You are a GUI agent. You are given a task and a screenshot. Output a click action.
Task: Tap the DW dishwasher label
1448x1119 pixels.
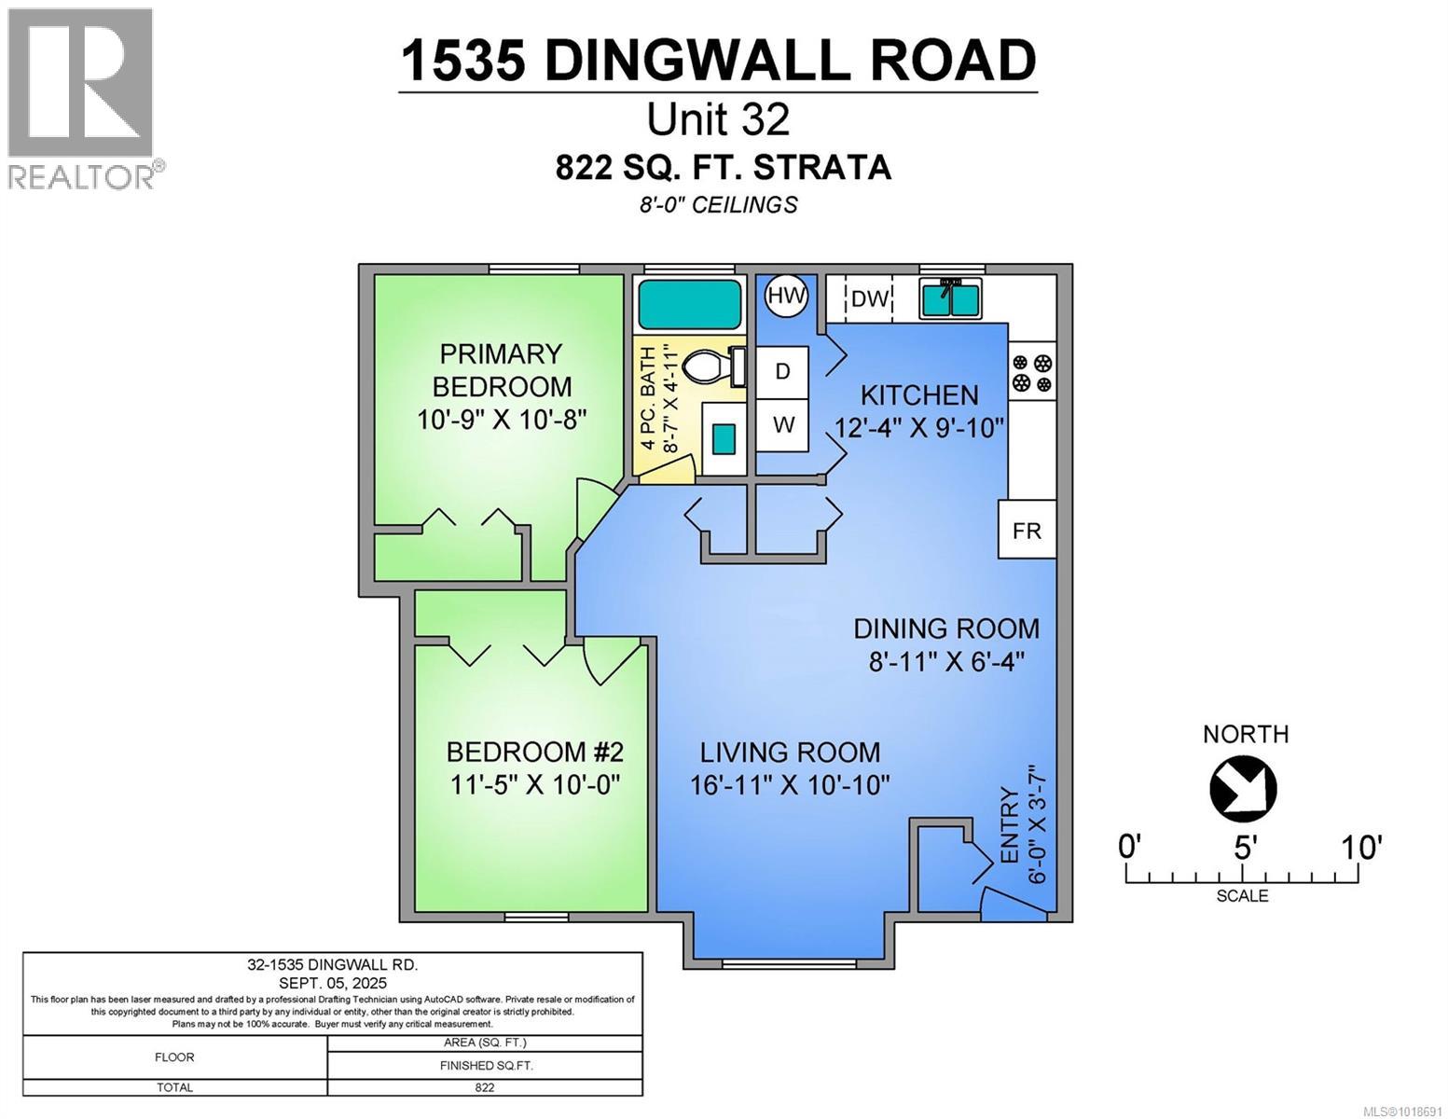(869, 298)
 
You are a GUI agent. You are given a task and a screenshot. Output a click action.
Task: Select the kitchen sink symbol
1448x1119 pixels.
(950, 298)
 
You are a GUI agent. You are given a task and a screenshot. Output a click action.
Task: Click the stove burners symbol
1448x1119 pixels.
(1032, 372)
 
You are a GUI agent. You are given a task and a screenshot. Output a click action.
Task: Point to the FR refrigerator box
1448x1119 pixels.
(1027, 531)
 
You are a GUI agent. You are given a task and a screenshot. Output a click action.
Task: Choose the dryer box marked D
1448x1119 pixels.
(782, 371)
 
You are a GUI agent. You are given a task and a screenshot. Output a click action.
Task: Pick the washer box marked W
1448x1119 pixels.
(782, 425)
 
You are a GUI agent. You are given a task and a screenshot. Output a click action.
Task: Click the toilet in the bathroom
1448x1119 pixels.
(708, 366)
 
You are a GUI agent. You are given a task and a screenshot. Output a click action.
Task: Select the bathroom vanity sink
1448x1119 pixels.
(723, 437)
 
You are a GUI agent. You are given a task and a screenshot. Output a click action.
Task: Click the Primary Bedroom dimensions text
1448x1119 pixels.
(502, 419)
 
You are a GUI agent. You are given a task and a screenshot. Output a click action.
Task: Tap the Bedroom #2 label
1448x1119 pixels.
(534, 752)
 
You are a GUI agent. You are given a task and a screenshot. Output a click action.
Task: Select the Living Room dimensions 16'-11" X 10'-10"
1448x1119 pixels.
(790, 784)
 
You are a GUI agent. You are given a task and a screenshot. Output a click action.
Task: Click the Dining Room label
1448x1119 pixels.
(946, 629)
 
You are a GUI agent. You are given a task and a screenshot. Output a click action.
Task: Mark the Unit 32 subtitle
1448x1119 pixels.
(718, 119)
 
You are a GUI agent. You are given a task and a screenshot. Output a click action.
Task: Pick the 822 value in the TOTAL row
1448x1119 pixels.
(484, 1087)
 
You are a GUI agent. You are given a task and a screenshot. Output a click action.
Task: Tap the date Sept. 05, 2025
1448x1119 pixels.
(332, 983)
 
